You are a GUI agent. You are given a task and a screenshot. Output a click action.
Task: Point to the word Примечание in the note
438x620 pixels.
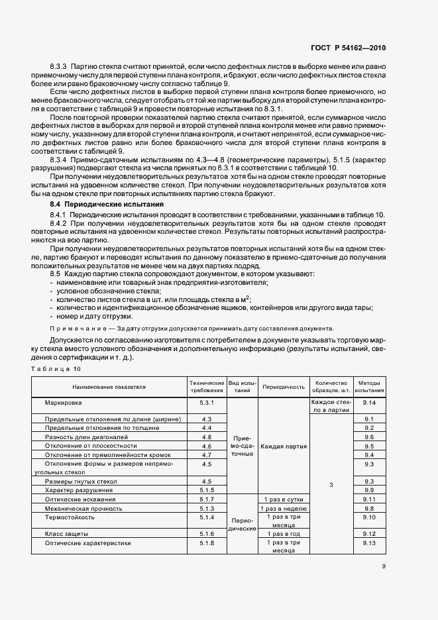[x=78, y=329]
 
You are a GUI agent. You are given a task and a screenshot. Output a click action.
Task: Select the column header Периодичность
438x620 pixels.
[x=284, y=387]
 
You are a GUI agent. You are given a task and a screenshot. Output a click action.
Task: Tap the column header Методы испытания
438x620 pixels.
[x=369, y=387]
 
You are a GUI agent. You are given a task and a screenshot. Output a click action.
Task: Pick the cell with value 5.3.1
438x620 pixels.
[x=206, y=403]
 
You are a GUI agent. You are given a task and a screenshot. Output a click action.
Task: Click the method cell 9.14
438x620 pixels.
[x=369, y=403]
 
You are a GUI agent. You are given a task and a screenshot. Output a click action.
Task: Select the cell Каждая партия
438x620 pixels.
[x=284, y=446]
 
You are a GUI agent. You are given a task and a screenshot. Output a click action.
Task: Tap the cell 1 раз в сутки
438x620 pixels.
[x=284, y=499]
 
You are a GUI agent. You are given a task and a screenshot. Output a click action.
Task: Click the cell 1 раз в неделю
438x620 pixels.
[x=284, y=508]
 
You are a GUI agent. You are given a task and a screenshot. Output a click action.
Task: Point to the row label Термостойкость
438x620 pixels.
[x=68, y=517]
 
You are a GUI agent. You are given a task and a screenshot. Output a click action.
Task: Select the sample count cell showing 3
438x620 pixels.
[x=331, y=485]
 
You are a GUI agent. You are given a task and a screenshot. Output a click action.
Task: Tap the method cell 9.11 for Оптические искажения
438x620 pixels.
[x=369, y=499]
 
